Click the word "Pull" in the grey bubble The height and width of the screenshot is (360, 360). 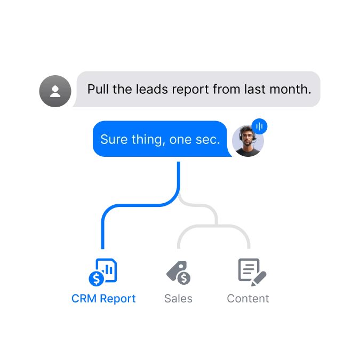(98, 89)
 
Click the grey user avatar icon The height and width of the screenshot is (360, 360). (54, 91)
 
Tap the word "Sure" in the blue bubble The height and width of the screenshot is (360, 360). (114, 139)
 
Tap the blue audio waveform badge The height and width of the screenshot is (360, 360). (260, 126)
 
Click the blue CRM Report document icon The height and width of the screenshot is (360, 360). (103, 272)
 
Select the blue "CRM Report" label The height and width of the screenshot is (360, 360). (103, 298)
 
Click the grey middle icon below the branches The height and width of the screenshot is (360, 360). (179, 273)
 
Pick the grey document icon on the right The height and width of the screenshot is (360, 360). (249, 272)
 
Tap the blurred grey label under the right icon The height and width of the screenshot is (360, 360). (247, 298)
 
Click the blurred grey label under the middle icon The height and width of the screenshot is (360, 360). (179, 298)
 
